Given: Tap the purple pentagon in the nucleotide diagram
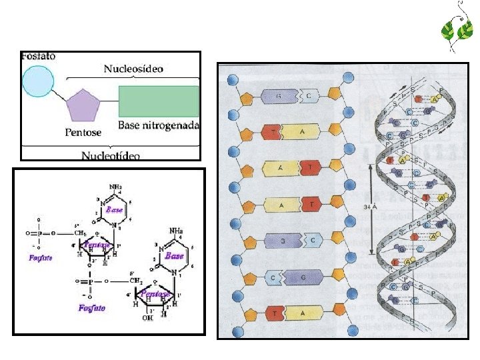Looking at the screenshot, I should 84,105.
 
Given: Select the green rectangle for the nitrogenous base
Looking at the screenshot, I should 159,101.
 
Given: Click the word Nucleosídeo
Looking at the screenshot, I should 133,69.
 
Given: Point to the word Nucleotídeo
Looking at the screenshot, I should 111,155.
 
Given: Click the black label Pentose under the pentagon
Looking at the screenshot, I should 83,132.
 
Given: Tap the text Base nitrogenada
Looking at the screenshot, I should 159,125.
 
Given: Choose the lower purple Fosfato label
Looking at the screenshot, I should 91,308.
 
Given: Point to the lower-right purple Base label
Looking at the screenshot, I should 174,255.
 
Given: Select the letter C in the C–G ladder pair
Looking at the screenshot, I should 274,277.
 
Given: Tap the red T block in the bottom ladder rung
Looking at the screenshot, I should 274,313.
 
